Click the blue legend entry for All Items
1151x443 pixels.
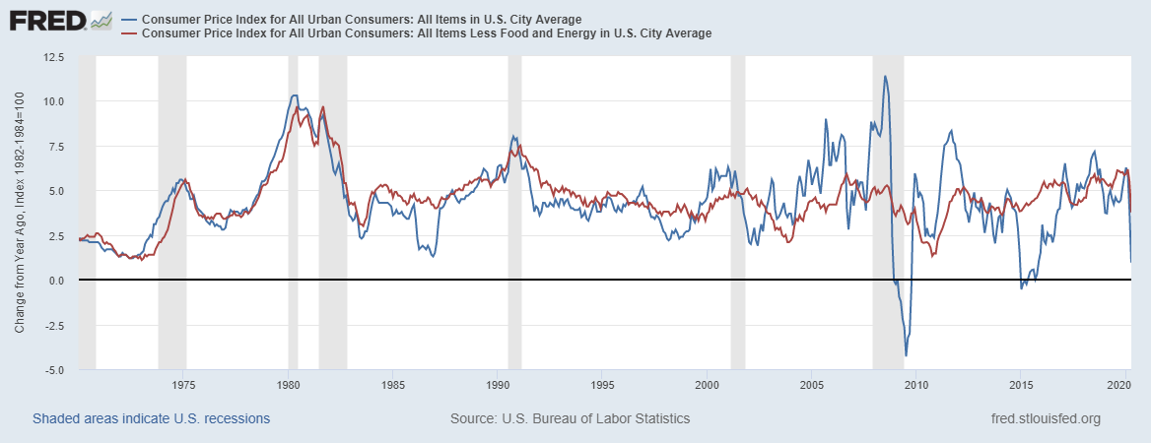coord(361,20)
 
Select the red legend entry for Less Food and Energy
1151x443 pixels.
coord(426,33)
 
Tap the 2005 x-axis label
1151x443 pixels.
coord(812,385)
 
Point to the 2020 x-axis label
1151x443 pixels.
coord(1125,385)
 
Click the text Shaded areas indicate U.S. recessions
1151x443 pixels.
coord(152,418)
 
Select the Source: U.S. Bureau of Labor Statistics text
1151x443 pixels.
coord(570,418)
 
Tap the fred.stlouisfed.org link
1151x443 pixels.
coord(1045,418)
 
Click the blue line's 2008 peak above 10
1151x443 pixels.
coord(885,77)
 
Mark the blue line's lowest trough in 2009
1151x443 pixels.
coord(906,355)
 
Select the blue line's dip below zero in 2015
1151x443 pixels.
coord(1021,287)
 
